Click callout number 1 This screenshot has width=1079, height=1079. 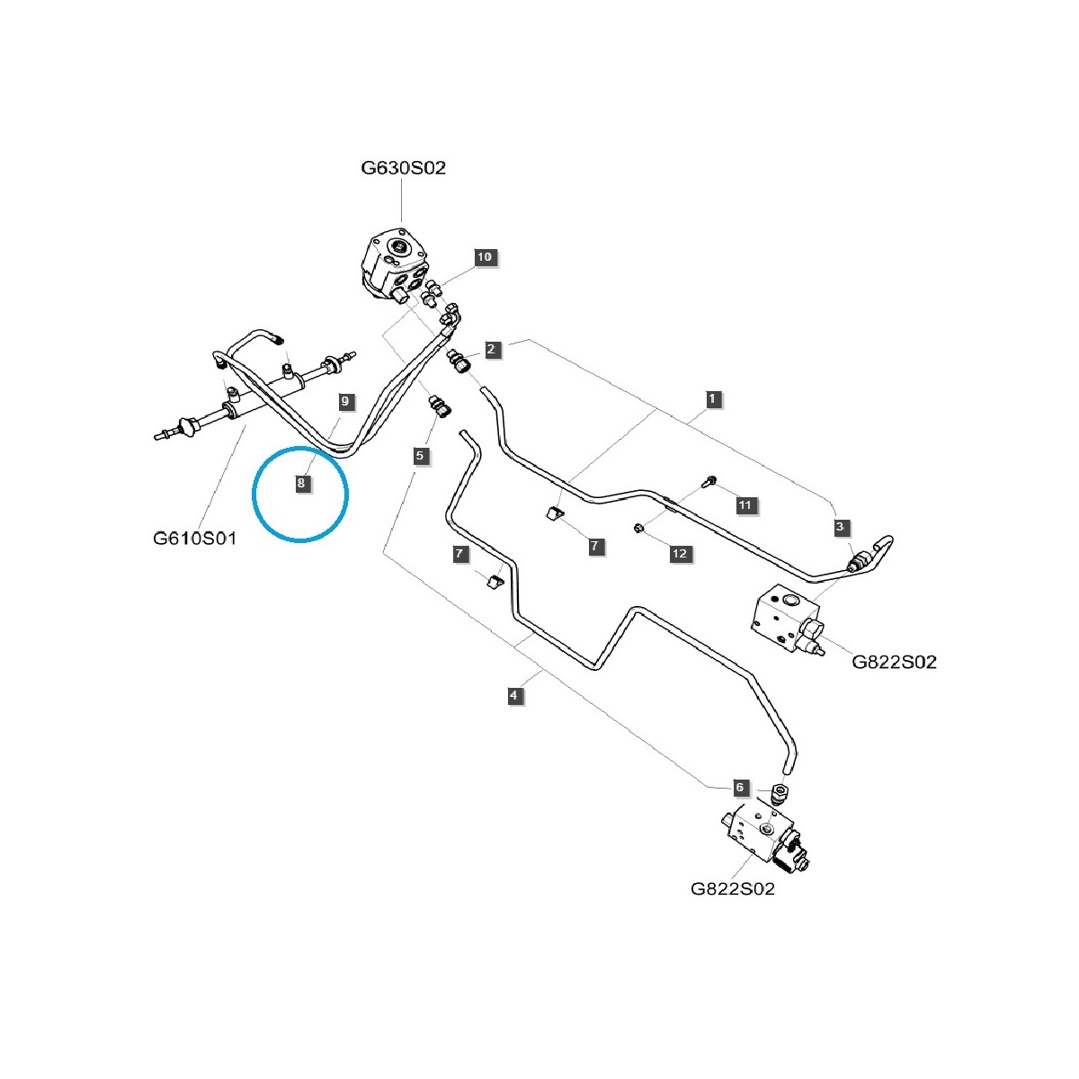pos(713,398)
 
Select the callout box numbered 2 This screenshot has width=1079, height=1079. pos(491,349)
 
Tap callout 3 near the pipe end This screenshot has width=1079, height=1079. pos(841,527)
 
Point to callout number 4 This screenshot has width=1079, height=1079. pos(513,695)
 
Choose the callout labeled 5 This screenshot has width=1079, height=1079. pos(420,456)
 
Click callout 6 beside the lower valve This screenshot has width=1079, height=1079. pos(740,788)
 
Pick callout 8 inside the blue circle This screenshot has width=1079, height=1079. pos(301,483)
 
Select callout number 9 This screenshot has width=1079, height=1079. pos(343,401)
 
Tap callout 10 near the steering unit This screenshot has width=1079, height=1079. pos(485,257)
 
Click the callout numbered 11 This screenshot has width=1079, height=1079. pos(745,505)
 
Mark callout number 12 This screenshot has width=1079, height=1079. pos(680,554)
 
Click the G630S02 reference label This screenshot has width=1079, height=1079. pos(403,167)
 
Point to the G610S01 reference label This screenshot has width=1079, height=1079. pos(194,539)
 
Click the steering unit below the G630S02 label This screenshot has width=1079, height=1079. pos(398,266)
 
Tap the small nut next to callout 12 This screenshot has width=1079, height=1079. pos(638,528)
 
